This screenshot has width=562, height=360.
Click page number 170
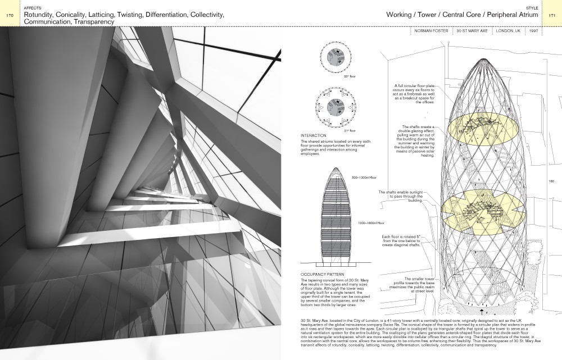pos(10,16)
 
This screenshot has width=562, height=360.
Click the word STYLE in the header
pos(533,8)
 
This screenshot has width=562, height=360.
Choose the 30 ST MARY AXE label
pos(473,31)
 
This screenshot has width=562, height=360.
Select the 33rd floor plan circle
pos(335,58)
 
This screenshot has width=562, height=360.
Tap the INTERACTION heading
pos(313,136)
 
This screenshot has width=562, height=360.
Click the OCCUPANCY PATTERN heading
pos(323,275)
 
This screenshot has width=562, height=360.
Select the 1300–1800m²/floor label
pos(371,223)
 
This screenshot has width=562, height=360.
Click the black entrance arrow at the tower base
pos(482,309)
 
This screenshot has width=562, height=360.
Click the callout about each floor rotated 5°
pos(401,241)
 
